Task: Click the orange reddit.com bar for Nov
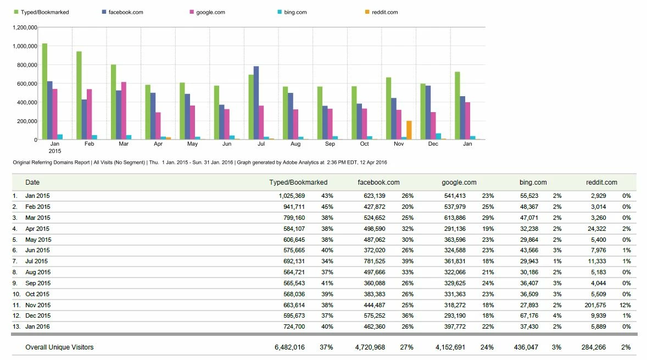click(x=409, y=130)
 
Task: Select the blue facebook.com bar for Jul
click(x=256, y=103)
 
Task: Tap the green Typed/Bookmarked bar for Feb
click(x=79, y=95)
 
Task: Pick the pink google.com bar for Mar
click(x=124, y=110)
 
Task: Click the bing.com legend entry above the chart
click(x=293, y=12)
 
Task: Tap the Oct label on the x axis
click(x=365, y=144)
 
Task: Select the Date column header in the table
click(x=32, y=182)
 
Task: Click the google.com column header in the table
click(x=459, y=182)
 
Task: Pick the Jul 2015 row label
click(x=36, y=261)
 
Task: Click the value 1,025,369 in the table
click(x=289, y=196)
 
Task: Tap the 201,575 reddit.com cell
click(x=596, y=304)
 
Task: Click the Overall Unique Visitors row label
click(x=59, y=347)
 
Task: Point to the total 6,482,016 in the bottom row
click(x=289, y=347)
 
